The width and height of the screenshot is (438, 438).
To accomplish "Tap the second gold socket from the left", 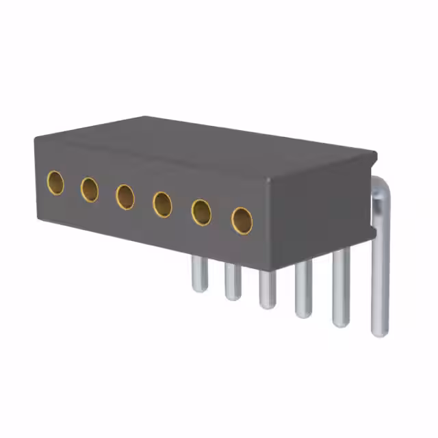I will click(x=90, y=189).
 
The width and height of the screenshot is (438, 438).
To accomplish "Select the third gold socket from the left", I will click(x=125, y=196).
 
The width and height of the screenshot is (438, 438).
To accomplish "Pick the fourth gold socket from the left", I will click(x=162, y=204).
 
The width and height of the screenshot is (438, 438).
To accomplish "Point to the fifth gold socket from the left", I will click(x=201, y=212).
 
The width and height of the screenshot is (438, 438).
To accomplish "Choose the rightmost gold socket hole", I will click(x=242, y=220).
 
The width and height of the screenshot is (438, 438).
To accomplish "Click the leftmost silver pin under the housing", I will click(x=199, y=274).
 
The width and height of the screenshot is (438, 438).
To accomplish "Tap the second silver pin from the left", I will click(x=233, y=281).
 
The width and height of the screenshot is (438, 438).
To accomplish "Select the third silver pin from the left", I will click(x=268, y=289).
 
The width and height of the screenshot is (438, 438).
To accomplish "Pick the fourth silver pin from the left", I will click(x=303, y=292).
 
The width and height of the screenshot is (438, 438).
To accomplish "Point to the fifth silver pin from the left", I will click(x=341, y=287).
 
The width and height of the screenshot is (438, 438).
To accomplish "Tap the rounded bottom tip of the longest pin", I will click(x=380, y=333).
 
